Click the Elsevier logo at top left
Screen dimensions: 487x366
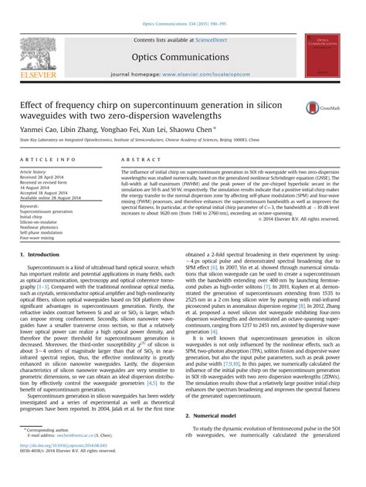(x=36, y=51)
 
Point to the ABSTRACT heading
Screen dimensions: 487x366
(x=139, y=158)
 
